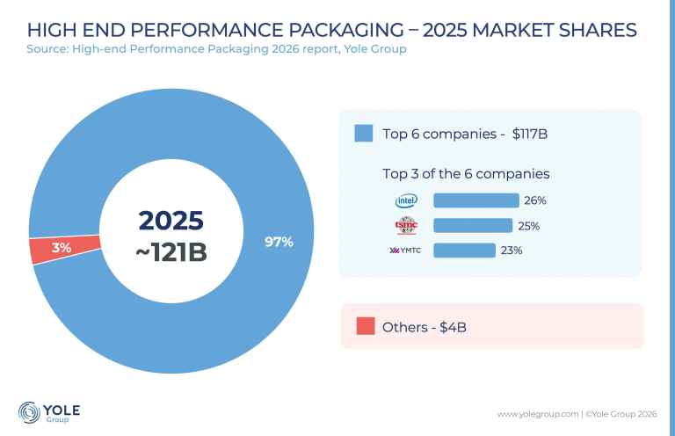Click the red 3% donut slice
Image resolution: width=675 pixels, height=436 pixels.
pyautogui.click(x=64, y=249)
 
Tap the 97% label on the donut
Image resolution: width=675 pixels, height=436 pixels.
pyautogui.click(x=279, y=242)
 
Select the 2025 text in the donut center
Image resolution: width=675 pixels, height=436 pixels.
pyautogui.click(x=171, y=221)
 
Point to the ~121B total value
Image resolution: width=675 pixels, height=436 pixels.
pyautogui.click(x=171, y=252)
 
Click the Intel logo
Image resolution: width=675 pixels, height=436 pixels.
pyautogui.click(x=406, y=200)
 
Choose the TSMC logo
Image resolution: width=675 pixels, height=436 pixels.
pyautogui.click(x=406, y=226)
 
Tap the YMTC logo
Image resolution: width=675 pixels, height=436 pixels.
pyautogui.click(x=405, y=251)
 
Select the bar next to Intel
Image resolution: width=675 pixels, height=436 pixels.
pyautogui.click(x=476, y=200)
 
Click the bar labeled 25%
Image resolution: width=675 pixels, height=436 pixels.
pyautogui.click(x=473, y=226)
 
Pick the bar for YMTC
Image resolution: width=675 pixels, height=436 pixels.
pyautogui.click(x=464, y=251)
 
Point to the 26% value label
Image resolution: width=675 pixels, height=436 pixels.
pyautogui.click(x=535, y=200)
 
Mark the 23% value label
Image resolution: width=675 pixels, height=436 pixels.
pyautogui.click(x=512, y=251)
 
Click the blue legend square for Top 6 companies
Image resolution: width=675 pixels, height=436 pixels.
pyautogui.click(x=364, y=134)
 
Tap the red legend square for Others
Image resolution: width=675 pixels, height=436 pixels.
pyautogui.click(x=366, y=326)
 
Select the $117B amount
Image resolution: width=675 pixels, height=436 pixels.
pyautogui.click(x=529, y=134)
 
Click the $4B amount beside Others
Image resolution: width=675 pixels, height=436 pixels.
pyautogui.click(x=453, y=327)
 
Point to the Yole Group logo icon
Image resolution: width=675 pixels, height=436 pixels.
pyautogui.click(x=29, y=412)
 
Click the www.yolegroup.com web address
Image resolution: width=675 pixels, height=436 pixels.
pyautogui.click(x=538, y=414)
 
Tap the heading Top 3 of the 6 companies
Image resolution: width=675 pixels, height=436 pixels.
pyautogui.click(x=466, y=174)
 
